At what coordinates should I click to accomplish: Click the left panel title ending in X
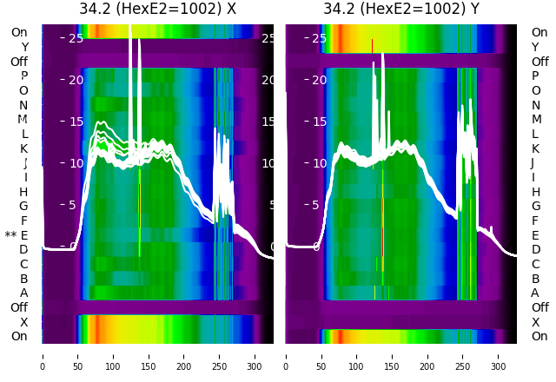(157, 10)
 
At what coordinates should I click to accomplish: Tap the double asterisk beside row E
(10, 236)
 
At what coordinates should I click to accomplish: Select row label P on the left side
(23, 76)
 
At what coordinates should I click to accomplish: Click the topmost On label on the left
(19, 33)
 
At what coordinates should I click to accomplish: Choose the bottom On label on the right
(539, 337)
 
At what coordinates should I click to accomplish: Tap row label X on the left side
(23, 322)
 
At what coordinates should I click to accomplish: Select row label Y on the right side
(535, 47)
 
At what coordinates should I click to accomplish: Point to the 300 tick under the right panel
(499, 356)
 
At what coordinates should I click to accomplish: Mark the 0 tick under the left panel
(42, 356)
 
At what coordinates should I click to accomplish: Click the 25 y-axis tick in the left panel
(76, 38)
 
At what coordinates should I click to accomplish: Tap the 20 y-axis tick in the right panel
(319, 80)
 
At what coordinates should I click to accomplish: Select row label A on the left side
(23, 293)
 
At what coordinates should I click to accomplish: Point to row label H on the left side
(23, 192)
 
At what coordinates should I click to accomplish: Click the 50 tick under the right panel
(321, 356)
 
